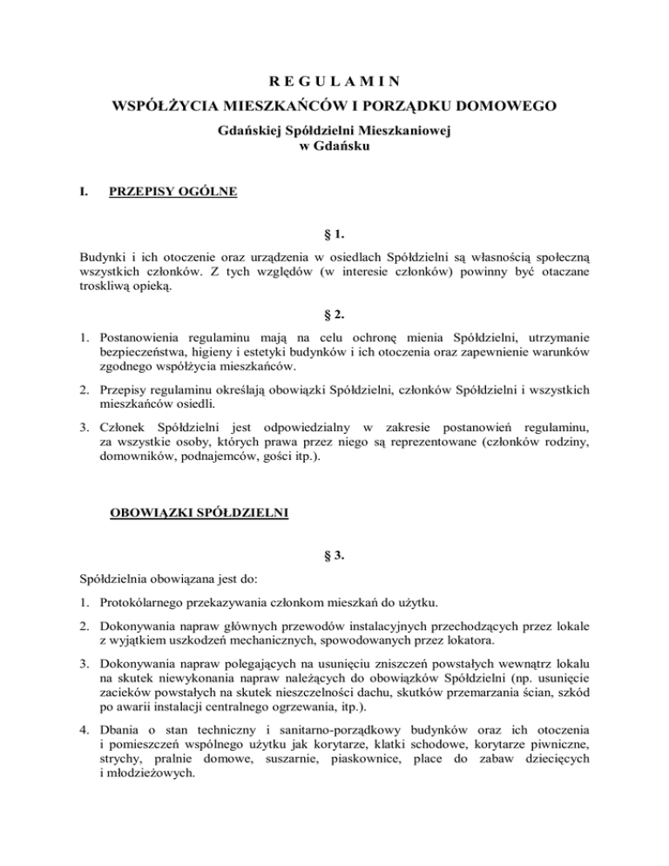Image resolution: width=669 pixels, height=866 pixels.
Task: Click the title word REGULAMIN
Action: coord(334,83)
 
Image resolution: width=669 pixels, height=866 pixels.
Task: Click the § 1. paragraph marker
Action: coord(334,233)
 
